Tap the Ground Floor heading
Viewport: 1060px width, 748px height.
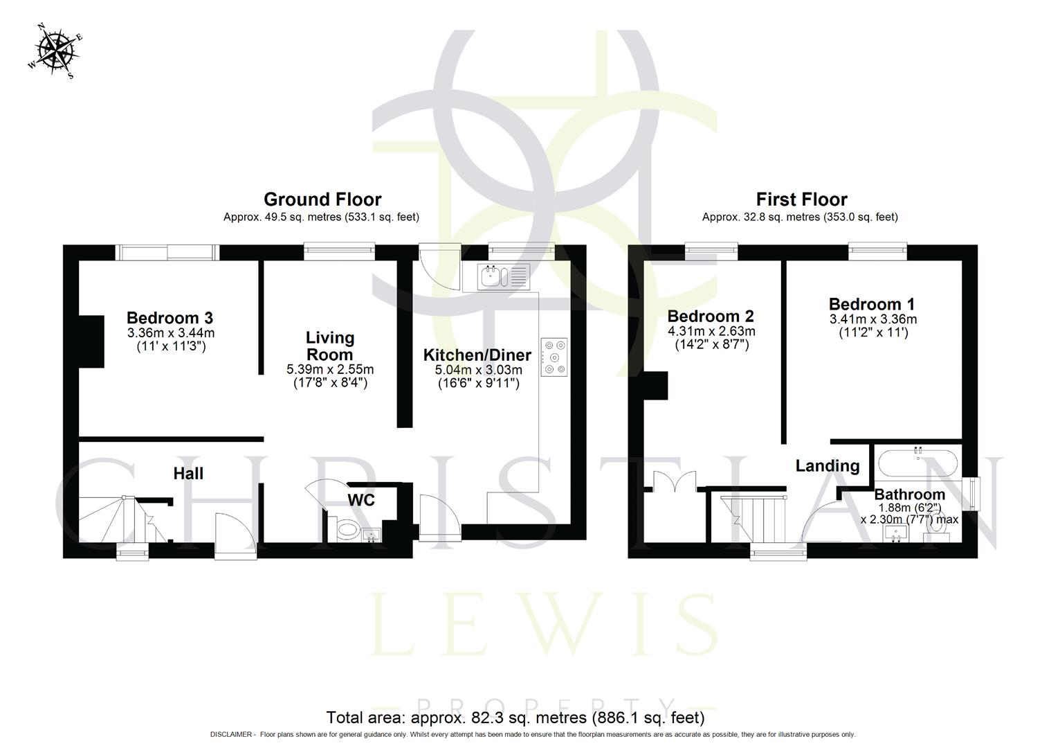point(322,199)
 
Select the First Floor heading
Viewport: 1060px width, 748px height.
point(801,199)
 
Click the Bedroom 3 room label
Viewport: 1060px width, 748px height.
point(170,318)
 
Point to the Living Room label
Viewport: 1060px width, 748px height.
point(330,346)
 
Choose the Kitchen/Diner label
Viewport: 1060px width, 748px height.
point(477,355)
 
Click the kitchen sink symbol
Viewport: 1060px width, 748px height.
point(503,276)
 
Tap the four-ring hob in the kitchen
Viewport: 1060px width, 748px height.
point(554,357)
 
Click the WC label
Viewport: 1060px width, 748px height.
point(361,499)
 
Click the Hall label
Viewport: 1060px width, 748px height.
point(188,473)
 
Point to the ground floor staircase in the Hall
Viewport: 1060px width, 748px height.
point(118,519)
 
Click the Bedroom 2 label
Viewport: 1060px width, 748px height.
point(711,317)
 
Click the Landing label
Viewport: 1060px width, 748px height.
point(828,465)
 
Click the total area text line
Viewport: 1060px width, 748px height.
point(515,717)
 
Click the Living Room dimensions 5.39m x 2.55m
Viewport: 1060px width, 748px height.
point(330,369)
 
